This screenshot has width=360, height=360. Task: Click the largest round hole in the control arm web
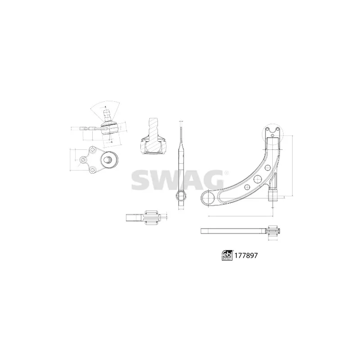pos(258,179)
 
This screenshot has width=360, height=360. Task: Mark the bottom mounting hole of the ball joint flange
pos(92,170)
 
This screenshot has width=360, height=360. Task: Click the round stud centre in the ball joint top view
pos(108,159)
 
